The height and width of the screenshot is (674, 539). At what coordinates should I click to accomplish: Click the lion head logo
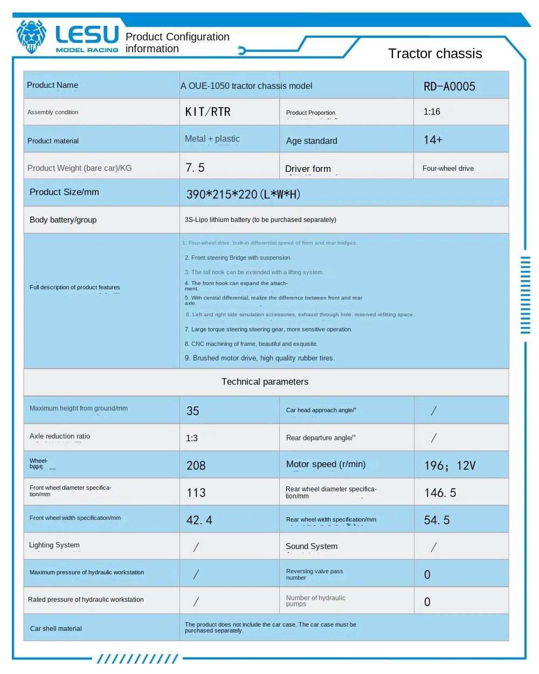(x=31, y=36)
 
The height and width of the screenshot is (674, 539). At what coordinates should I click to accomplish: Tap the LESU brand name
(x=87, y=34)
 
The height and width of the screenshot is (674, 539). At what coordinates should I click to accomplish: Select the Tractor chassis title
(x=435, y=53)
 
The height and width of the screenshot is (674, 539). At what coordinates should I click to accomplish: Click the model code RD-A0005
(x=450, y=86)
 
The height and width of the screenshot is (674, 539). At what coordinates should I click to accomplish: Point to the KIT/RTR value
(x=208, y=112)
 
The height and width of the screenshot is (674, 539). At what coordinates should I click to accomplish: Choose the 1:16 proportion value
(x=432, y=112)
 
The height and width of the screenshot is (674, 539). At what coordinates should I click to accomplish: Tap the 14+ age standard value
(x=433, y=140)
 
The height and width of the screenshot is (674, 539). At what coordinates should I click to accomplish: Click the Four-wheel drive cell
(x=448, y=168)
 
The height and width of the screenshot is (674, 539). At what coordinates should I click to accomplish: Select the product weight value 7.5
(x=195, y=168)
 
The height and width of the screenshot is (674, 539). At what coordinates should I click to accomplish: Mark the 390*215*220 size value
(x=243, y=194)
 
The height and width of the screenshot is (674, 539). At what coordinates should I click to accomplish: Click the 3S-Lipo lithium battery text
(x=260, y=220)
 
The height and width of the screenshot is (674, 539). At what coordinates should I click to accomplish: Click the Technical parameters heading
(x=265, y=381)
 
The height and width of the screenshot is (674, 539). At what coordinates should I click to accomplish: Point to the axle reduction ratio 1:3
(x=192, y=438)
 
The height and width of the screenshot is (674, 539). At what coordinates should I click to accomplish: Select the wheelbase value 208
(x=196, y=465)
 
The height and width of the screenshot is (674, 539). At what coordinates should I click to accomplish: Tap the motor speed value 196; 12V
(x=450, y=465)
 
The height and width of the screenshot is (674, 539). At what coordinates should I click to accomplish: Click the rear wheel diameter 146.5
(x=440, y=493)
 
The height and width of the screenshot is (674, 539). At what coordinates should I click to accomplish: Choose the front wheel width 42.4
(x=199, y=520)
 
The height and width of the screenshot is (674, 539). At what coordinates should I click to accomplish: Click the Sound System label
(x=312, y=546)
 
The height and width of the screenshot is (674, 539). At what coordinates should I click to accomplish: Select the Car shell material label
(x=56, y=628)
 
